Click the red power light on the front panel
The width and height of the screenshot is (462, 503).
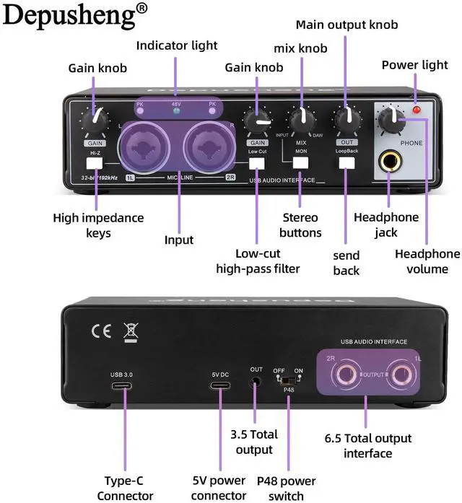[x=417, y=110]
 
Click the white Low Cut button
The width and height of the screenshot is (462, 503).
[x=257, y=162]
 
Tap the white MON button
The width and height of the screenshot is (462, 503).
[x=300, y=162]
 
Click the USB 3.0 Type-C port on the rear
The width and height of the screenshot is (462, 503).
[x=121, y=385]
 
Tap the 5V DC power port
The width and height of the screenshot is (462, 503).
[x=220, y=385]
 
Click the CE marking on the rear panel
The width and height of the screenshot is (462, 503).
[x=100, y=331]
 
